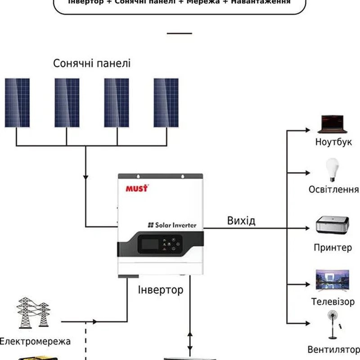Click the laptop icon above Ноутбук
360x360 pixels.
[333, 125]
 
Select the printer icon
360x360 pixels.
[333, 226]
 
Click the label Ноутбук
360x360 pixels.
[333, 143]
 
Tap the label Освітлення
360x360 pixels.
[333, 189]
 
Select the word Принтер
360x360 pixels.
[333, 247]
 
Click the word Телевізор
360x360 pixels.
[333, 301]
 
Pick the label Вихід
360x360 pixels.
[241, 220]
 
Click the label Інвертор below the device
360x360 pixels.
[161, 289]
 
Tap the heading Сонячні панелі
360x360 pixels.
[92, 63]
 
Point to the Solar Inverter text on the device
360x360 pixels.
[173, 225]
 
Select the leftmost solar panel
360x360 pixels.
[18, 103]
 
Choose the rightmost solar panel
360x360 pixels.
[166, 103]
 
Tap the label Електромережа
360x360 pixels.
[35, 341]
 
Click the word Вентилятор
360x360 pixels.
[333, 350]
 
